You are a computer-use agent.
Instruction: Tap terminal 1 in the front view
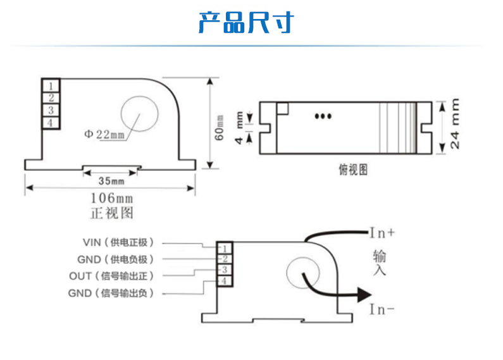click(51, 85)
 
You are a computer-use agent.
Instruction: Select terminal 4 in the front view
click(51, 123)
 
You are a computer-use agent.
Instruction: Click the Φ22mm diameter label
click(105, 134)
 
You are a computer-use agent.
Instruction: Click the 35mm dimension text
click(111, 180)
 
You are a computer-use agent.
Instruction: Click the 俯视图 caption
click(353, 170)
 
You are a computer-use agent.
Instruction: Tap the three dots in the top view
click(323, 116)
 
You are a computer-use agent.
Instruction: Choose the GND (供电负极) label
click(119, 259)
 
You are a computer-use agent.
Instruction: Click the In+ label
click(382, 233)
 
